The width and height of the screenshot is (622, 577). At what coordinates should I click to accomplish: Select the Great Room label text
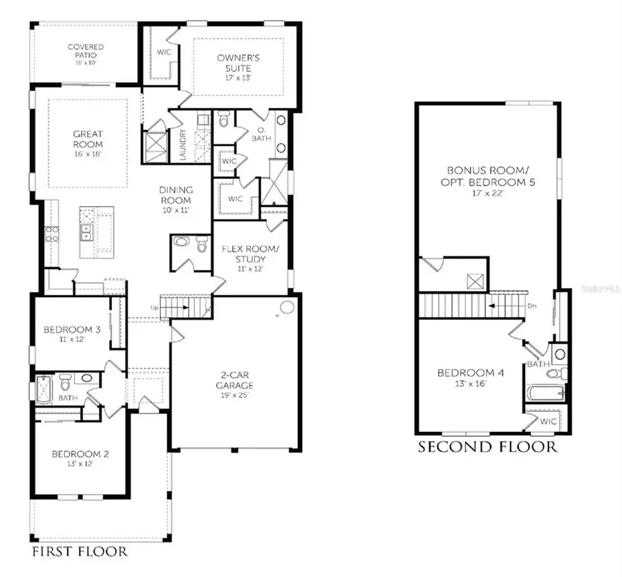pos(88,140)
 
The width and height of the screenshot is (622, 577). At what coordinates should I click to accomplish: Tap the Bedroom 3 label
pos(73,330)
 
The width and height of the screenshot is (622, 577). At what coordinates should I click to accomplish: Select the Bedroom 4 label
pos(471,373)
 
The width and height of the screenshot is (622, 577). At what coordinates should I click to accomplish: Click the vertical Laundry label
pos(183,145)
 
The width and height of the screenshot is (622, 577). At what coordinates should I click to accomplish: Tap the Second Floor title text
pos(487,447)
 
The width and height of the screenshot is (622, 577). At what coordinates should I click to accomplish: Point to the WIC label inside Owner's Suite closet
pos(164,51)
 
